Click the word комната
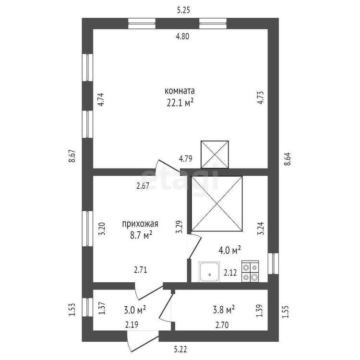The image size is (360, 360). (x=180, y=91)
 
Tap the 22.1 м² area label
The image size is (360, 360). (x=180, y=103)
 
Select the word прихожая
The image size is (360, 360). (x=140, y=224)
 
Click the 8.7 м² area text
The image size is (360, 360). (x=141, y=235)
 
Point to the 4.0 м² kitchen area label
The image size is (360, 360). (x=229, y=250)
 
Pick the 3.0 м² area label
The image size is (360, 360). (x=135, y=310)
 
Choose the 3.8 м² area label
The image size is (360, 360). (x=224, y=310)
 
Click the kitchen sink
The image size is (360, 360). (x=209, y=272)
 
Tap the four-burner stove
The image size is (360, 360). (x=250, y=271)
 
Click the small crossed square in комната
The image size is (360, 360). (x=215, y=155)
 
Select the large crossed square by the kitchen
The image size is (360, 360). (x=217, y=204)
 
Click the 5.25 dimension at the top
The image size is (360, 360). (x=183, y=11)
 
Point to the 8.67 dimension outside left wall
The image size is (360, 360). (x=72, y=156)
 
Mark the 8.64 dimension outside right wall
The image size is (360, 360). (x=287, y=159)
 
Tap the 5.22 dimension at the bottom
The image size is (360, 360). (x=180, y=349)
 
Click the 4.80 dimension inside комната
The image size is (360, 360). (x=182, y=36)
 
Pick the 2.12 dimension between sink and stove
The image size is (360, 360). (x=230, y=273)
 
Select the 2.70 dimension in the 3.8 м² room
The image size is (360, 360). (x=222, y=325)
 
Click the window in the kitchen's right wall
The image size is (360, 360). (x=273, y=264)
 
